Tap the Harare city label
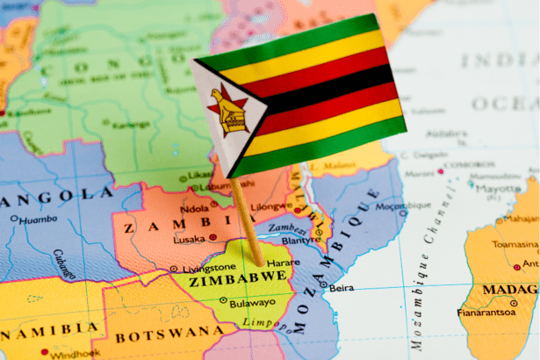tap(282, 262)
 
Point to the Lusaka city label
tap(189, 239)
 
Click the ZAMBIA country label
tap(154, 227)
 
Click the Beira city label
tap(342, 287)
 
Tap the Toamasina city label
tap(515, 244)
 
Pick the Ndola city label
tap(194, 209)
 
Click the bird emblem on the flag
tap(227, 113)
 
